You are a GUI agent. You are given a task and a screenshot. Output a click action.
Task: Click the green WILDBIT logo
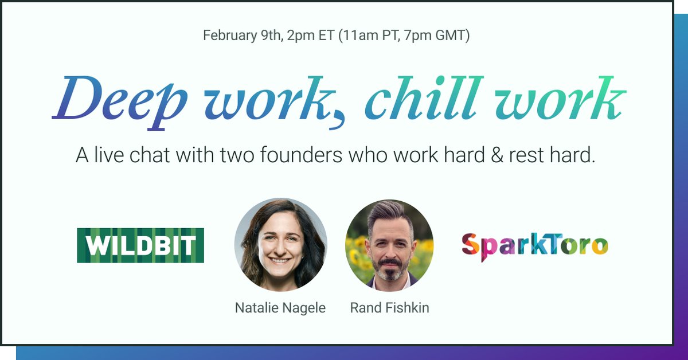coord(140,245)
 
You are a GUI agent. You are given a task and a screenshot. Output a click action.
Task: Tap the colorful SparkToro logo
coord(534,246)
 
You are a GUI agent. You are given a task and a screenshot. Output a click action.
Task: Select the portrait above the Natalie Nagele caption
coord(281,245)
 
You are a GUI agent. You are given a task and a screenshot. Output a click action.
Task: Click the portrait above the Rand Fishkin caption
coord(389,245)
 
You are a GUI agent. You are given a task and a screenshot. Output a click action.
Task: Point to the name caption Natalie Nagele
coord(280,308)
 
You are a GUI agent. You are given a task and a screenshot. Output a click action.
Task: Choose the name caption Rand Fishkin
coord(389,308)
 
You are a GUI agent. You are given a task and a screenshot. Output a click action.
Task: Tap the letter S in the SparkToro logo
coord(470,245)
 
